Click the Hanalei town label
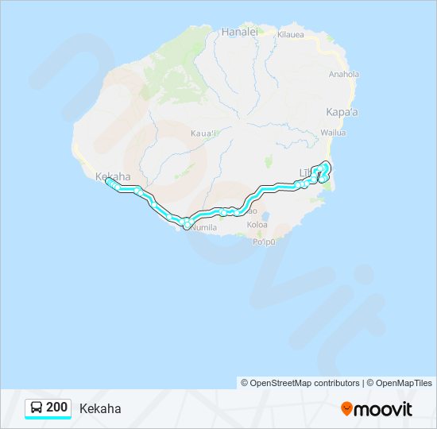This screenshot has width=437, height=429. [x=240, y=32]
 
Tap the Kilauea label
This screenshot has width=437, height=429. [x=291, y=35]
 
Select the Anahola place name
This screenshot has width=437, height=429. [x=344, y=75]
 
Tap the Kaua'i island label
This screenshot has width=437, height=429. [x=204, y=133]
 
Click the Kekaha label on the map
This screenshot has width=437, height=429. [x=110, y=176]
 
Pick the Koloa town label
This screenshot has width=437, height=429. [x=257, y=225]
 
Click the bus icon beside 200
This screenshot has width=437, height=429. [x=37, y=408]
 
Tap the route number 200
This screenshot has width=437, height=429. [x=57, y=408]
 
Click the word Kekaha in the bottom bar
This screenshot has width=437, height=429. [x=100, y=409]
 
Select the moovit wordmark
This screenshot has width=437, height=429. [x=385, y=409]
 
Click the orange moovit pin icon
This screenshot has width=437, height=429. [x=346, y=408]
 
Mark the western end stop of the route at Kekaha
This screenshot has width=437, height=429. [x=108, y=181]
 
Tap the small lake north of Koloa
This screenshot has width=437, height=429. [x=263, y=214]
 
